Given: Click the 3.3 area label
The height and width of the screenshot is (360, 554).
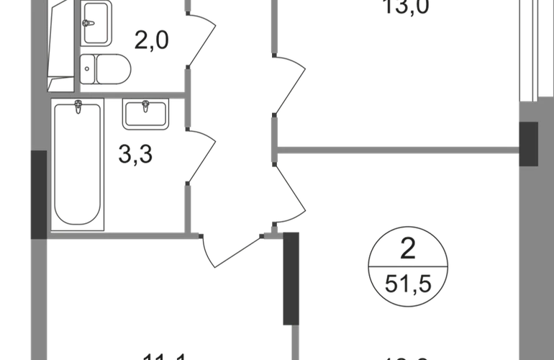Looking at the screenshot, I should click(135, 156).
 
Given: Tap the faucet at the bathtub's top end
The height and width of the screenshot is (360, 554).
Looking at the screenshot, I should click(78, 107).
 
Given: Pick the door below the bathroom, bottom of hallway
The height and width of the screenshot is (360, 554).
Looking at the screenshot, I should click(234, 248).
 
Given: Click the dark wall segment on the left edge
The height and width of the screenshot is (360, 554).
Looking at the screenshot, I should click(37, 194).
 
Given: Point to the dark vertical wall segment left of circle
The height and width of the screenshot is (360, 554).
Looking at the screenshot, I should click(291, 277).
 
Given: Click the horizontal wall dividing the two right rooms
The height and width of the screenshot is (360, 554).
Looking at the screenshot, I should click(399, 150).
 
